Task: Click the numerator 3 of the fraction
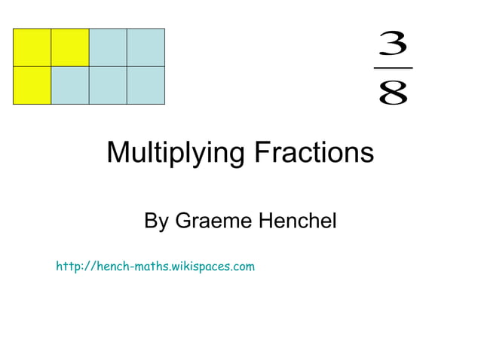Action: (393, 44)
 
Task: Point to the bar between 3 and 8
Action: (393, 68)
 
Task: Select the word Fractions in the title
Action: (314, 153)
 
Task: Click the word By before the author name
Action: (156, 221)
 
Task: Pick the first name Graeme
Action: (213, 221)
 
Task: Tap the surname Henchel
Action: (296, 221)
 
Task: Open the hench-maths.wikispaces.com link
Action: (155, 266)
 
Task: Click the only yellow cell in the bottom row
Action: (32, 85)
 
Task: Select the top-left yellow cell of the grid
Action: (32, 47)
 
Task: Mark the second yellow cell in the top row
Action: (70, 47)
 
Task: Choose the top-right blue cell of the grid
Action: (146, 47)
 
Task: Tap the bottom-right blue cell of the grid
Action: (146, 85)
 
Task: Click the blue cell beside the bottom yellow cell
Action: (70, 85)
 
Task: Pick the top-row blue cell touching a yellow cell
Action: (108, 47)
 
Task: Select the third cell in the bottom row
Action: (108, 85)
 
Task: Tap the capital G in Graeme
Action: (184, 221)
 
